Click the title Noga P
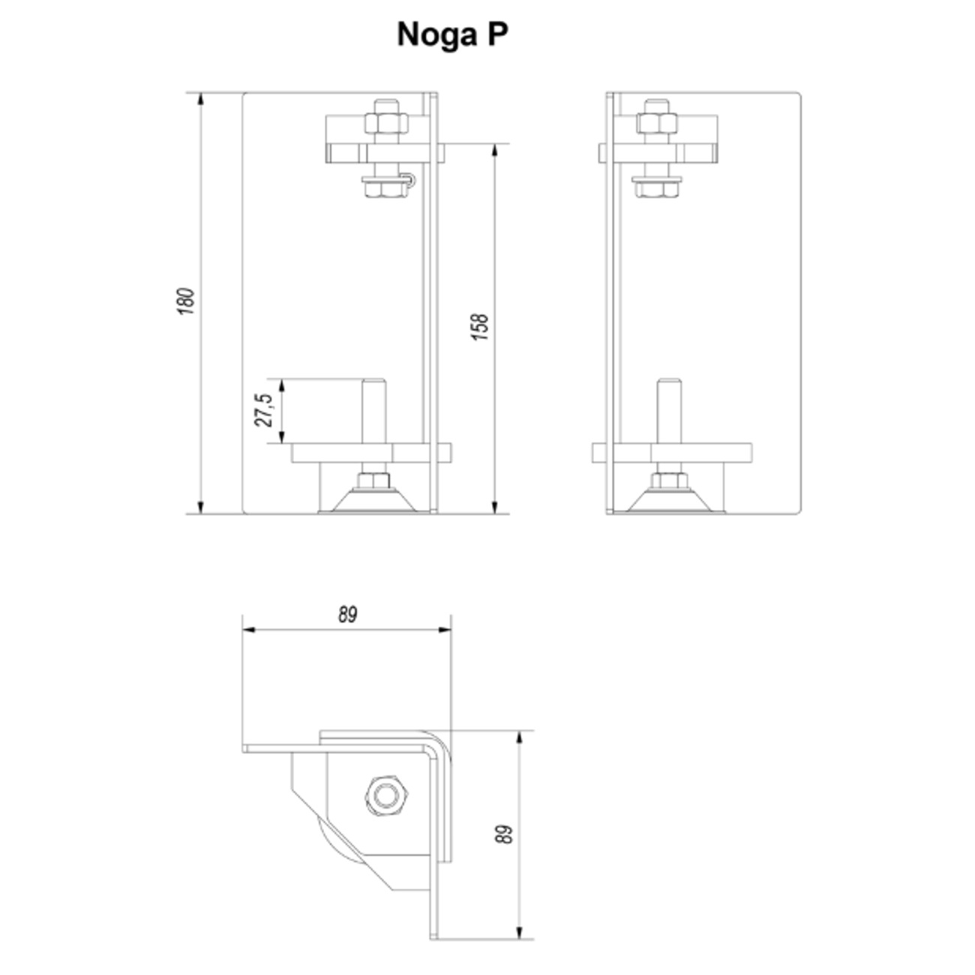(452, 35)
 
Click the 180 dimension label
(186, 301)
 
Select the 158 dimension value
(480, 327)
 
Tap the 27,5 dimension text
(263, 409)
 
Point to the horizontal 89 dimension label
(347, 615)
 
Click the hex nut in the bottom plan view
(386, 796)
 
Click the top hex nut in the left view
(386, 123)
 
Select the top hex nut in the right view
(657, 123)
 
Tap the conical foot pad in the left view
(374, 500)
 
